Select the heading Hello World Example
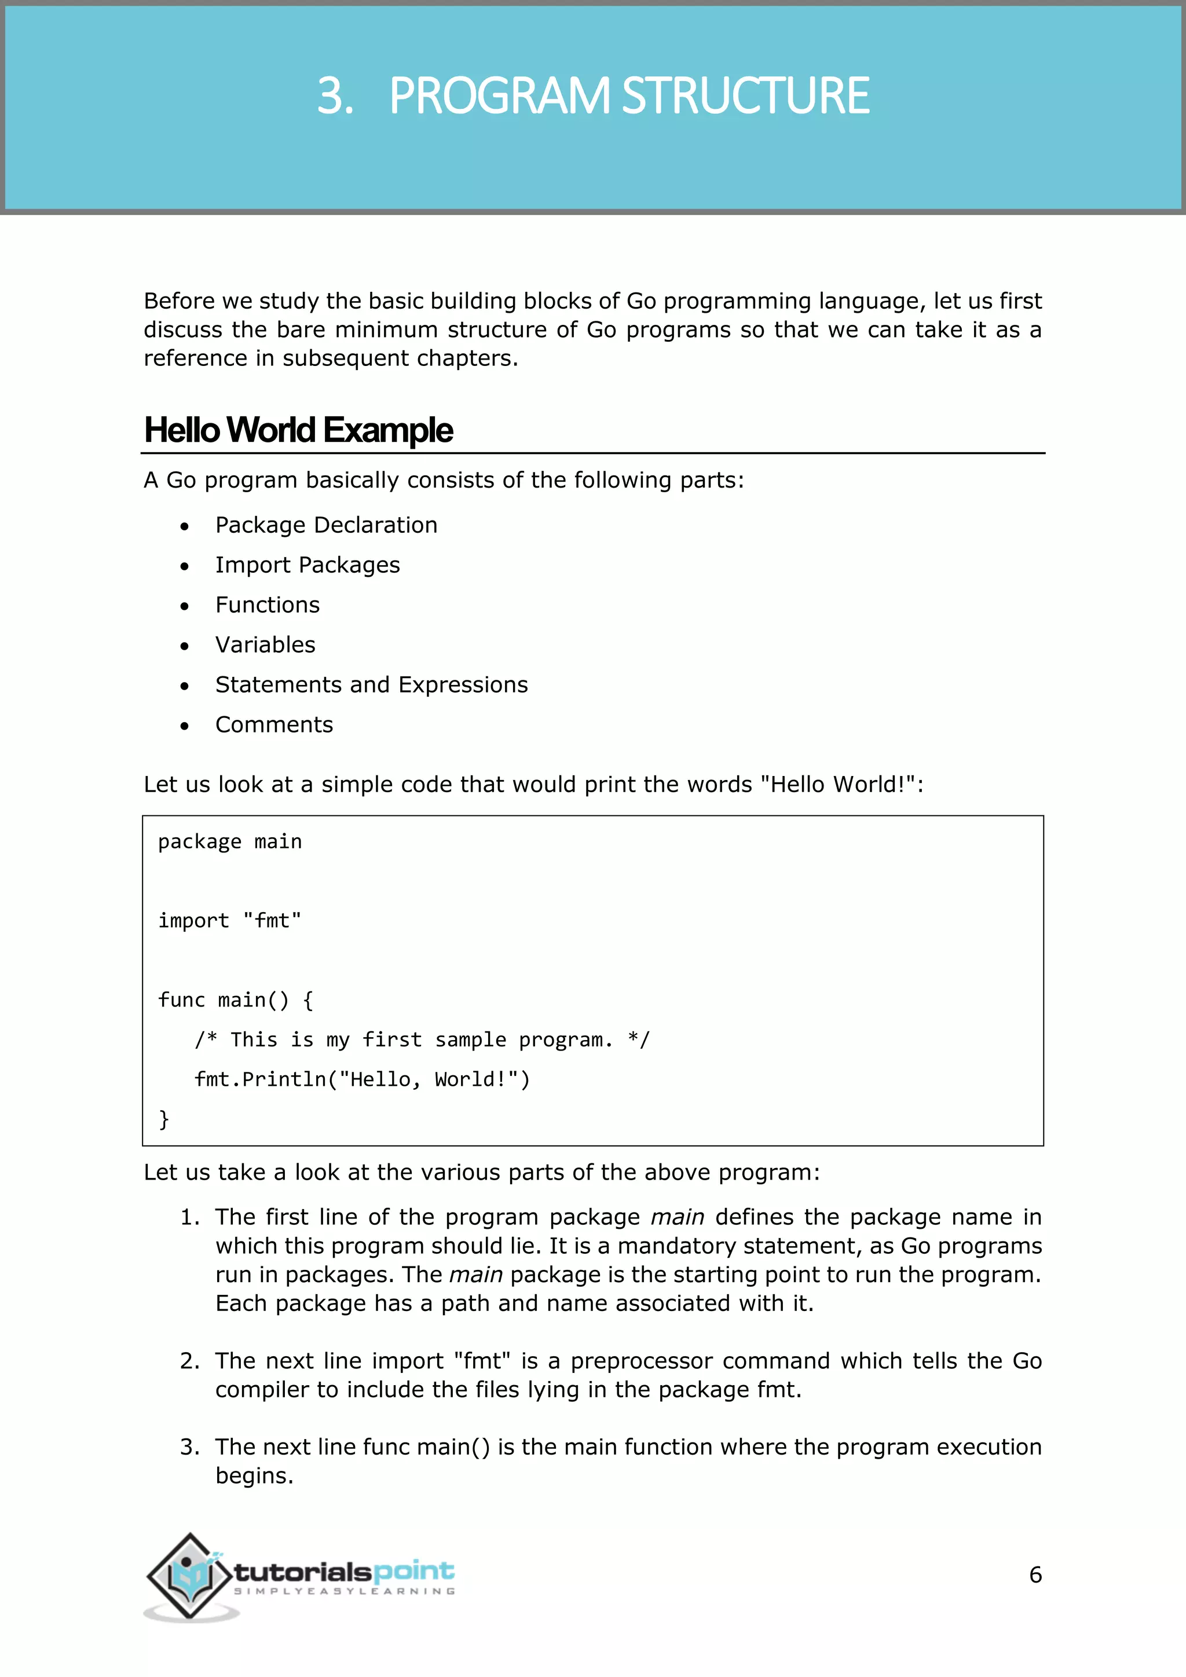coord(299,430)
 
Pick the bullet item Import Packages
coord(308,565)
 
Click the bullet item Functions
coord(268,605)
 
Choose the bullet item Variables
coord(265,645)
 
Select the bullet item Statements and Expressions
coord(371,685)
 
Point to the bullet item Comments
coord(274,724)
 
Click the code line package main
coord(230,842)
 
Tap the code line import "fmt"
coord(230,921)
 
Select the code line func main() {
coord(236,1000)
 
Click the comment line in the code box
coord(422,1040)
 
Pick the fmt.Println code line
coord(362,1079)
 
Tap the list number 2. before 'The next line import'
coord(189,1361)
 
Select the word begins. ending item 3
coord(254,1476)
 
